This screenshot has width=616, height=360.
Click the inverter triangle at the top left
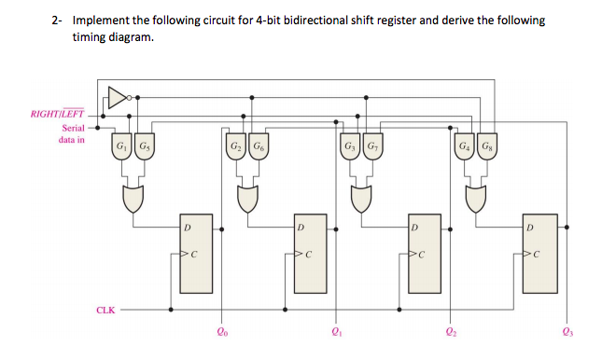pyautogui.click(x=117, y=94)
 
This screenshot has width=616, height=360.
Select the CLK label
pyautogui.click(x=105, y=309)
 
